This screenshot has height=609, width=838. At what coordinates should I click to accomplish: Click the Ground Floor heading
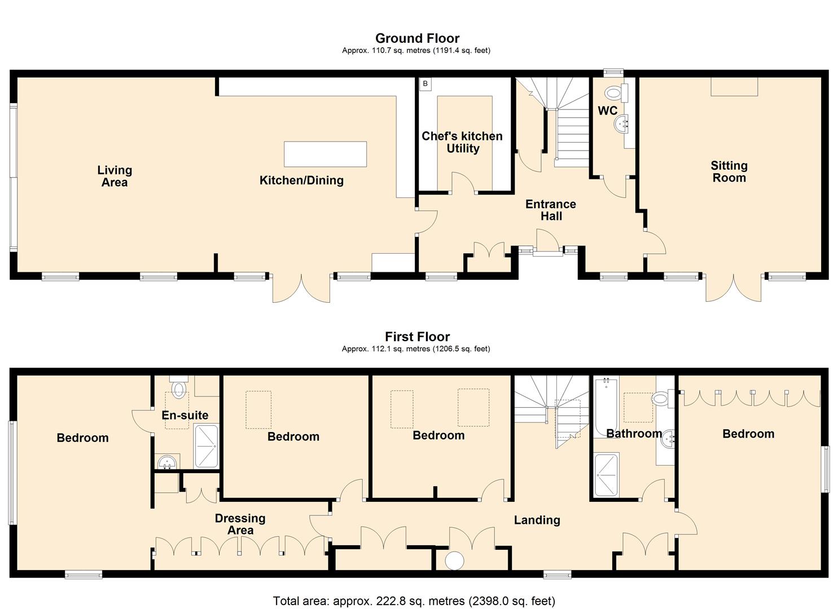point(417,38)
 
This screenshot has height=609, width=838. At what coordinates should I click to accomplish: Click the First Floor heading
point(417,337)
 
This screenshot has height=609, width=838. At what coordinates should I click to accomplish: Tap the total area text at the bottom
point(414,601)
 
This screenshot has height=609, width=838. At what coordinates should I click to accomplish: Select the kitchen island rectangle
point(325,154)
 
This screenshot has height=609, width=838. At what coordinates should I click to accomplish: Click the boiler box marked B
point(425,84)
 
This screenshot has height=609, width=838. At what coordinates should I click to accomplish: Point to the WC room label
point(607,111)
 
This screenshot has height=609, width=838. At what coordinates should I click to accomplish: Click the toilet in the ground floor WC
point(612,92)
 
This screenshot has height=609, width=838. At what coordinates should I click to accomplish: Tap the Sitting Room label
point(729,171)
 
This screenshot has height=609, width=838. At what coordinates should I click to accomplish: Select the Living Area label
point(115,176)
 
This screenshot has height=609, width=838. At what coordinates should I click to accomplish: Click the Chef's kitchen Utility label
point(462,142)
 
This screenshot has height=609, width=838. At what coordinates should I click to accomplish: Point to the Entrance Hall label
point(551,210)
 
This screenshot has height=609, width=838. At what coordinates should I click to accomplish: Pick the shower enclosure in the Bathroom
point(607,475)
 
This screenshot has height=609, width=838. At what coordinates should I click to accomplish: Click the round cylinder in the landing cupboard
point(454,561)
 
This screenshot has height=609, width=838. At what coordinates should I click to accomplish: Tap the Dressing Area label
point(240,524)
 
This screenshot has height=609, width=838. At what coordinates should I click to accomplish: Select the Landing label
point(537,520)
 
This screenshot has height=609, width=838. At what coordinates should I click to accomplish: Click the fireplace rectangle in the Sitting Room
point(734,87)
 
